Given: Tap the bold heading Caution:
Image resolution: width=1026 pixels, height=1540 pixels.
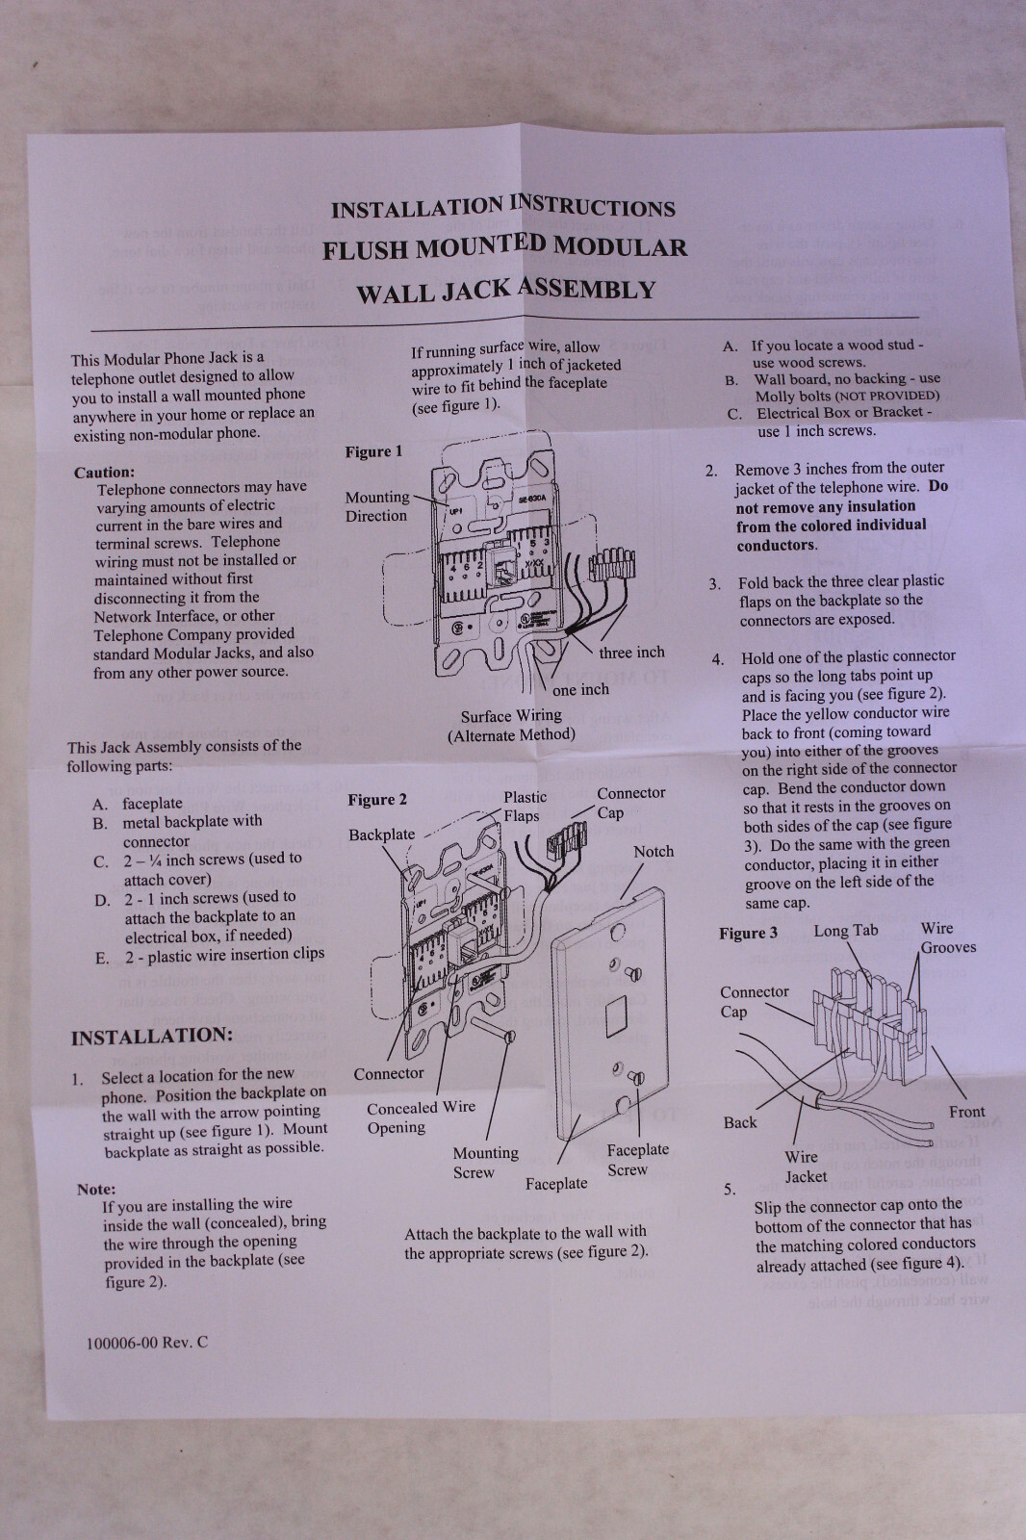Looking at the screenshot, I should (x=104, y=473).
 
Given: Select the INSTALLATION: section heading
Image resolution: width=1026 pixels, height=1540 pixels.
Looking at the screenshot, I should (x=151, y=1037).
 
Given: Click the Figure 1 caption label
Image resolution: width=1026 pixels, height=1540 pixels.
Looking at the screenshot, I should (x=373, y=451).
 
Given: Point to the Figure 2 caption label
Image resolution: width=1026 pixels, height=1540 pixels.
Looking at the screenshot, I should (x=376, y=800).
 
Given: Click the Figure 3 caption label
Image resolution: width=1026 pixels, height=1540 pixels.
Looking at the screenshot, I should (x=748, y=934).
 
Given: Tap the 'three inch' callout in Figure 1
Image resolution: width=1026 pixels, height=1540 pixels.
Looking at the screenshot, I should (x=630, y=653).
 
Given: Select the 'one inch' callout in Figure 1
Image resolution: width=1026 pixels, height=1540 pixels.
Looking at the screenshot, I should (x=580, y=690).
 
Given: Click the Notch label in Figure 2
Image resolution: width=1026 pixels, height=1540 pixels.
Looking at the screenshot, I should (x=654, y=852).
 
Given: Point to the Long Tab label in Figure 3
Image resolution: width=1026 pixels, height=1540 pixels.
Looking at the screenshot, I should (x=845, y=931).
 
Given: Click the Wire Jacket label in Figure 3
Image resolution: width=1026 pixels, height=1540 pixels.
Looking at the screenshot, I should (x=804, y=1167).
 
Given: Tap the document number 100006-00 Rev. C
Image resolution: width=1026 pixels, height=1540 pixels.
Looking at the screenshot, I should (x=146, y=1343).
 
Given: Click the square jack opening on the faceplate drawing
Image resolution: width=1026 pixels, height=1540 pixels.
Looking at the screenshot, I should (x=612, y=1014).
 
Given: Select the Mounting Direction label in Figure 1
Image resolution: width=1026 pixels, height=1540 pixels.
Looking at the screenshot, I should (x=376, y=506).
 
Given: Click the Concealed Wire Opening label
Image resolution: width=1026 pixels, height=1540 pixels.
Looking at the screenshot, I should (x=421, y=1117).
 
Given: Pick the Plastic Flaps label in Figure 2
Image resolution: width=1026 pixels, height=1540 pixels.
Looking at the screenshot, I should (x=524, y=807).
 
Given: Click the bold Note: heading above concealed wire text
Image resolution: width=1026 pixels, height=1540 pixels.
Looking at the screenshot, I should (x=96, y=1190).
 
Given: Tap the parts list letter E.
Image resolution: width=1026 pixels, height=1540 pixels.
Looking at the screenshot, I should (x=102, y=959).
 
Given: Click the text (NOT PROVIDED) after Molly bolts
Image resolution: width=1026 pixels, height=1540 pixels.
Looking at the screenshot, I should (x=886, y=396).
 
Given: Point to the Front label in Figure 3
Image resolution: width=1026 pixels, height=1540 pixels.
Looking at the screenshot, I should (x=966, y=1112).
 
